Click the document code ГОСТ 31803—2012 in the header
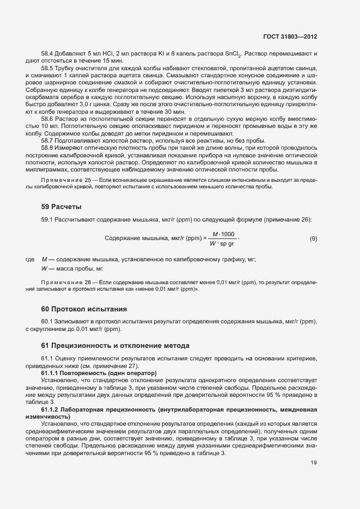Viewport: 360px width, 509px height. tap(291, 36)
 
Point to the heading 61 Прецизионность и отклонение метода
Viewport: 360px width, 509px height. tap(115, 345)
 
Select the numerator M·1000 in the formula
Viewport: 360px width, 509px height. tap(223, 234)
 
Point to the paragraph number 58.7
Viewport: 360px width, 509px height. tap(48, 140)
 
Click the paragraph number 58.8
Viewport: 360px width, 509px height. tap(48, 148)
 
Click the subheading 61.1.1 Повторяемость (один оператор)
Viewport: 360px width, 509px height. tap(99, 373)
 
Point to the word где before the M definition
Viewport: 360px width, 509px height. tap(30, 259)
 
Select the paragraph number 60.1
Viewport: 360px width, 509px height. tap(48, 322)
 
